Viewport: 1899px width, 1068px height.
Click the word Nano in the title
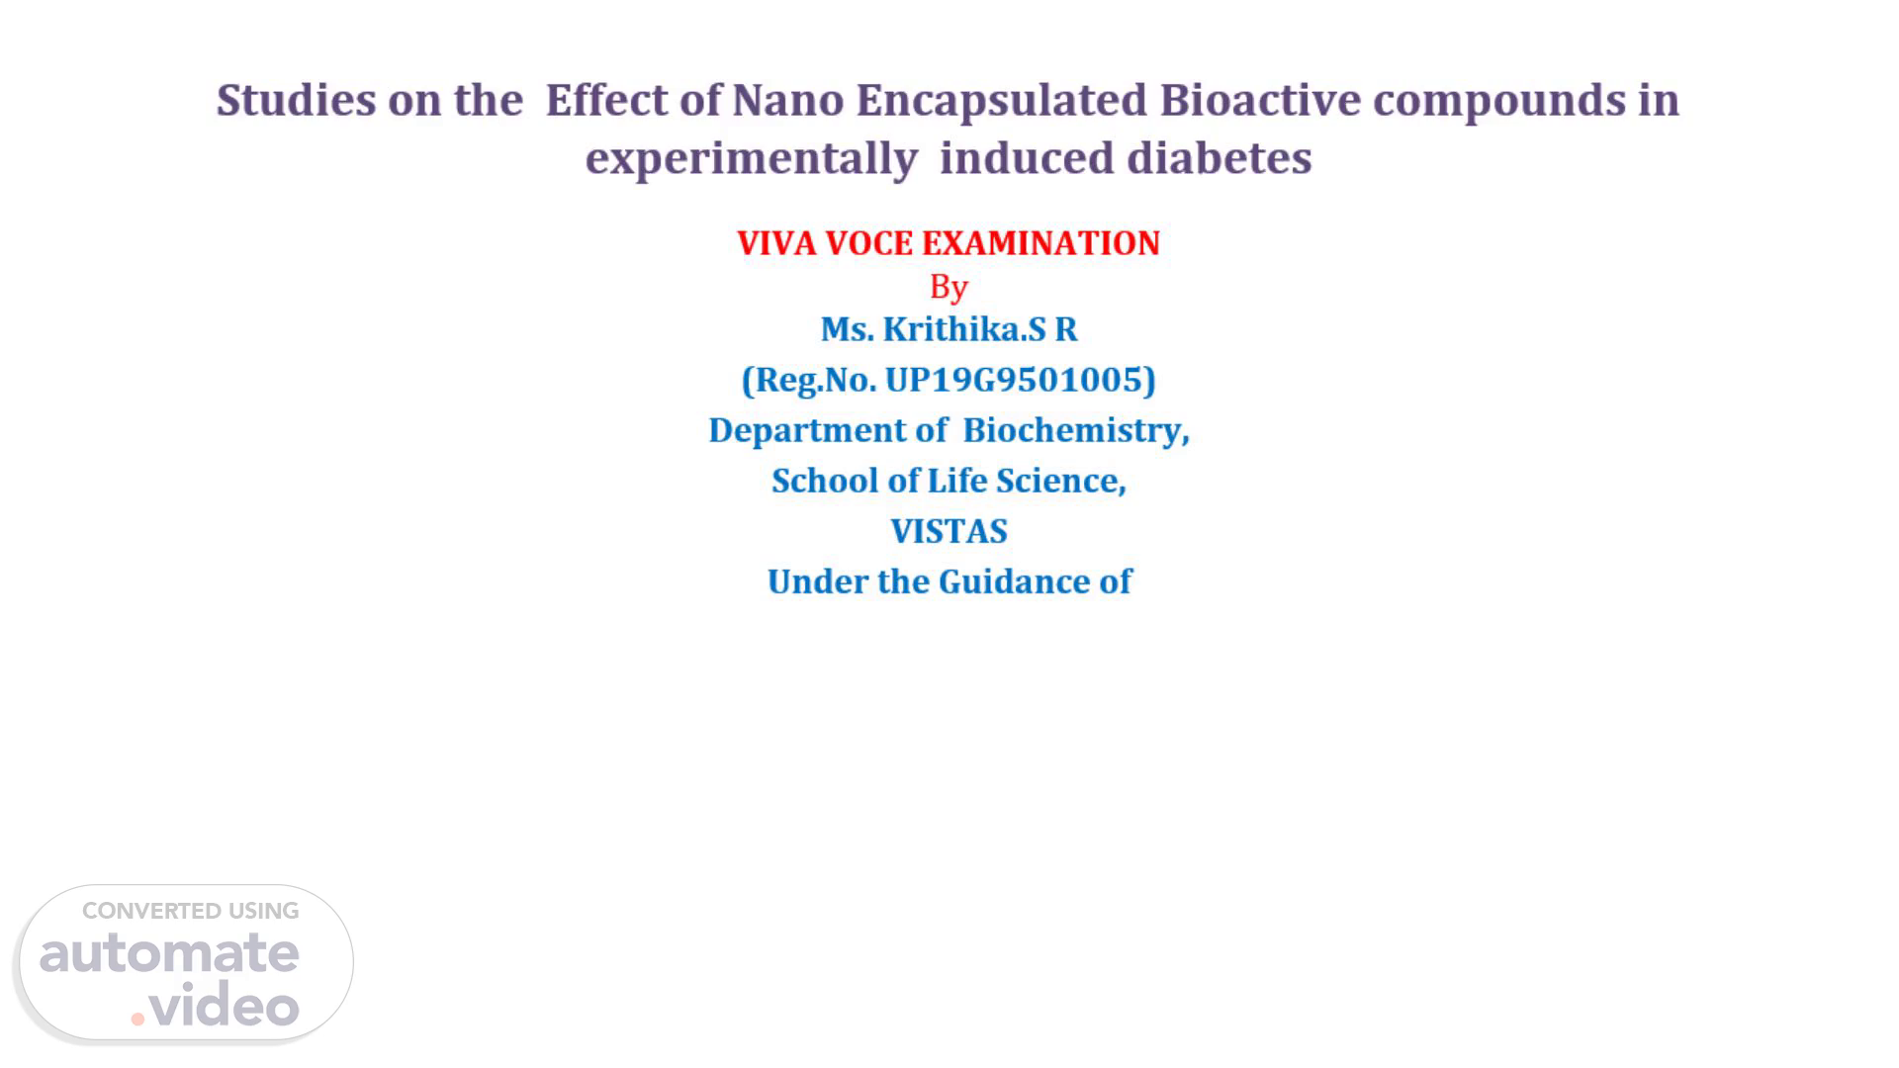coord(787,100)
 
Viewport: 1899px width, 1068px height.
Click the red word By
coord(949,288)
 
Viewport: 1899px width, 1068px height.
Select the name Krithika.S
coord(964,329)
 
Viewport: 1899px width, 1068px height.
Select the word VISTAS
coord(949,531)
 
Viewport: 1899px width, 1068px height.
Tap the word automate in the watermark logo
coord(169,953)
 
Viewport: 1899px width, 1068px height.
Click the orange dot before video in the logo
coord(137,1019)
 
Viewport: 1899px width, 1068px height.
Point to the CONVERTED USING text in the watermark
coord(191,911)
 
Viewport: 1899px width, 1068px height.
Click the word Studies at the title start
coord(296,100)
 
